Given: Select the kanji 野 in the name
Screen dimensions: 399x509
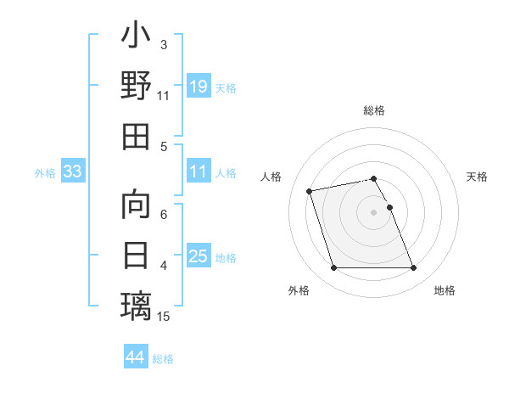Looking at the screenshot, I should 136,86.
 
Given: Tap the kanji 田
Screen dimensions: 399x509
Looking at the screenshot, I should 136,136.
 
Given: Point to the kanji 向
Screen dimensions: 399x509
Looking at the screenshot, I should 136,205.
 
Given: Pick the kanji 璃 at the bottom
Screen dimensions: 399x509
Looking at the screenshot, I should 136,305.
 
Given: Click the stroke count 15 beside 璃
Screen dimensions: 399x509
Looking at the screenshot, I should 164,317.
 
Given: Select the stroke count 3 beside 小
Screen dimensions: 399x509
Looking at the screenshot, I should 163,44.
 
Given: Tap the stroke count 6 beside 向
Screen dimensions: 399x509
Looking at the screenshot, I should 163,215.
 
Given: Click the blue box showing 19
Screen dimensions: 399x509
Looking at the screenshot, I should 198,86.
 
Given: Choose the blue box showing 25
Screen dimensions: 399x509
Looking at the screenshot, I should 198,256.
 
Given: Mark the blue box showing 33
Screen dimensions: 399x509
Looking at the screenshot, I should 73,172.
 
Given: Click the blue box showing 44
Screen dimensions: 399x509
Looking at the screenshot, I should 135,357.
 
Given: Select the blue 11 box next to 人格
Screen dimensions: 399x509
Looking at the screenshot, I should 198,171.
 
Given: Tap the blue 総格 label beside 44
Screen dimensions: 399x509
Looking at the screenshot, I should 163,359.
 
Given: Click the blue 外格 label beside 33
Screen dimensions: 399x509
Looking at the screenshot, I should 45,173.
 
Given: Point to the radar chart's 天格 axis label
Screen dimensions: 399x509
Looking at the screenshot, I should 478,177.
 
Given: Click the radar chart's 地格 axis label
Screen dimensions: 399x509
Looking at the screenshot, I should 445,290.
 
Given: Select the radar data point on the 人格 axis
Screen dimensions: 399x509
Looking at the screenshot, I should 310,190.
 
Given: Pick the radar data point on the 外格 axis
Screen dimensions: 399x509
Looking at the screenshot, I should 333,268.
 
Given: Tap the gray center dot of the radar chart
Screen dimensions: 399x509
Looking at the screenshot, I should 373,212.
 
